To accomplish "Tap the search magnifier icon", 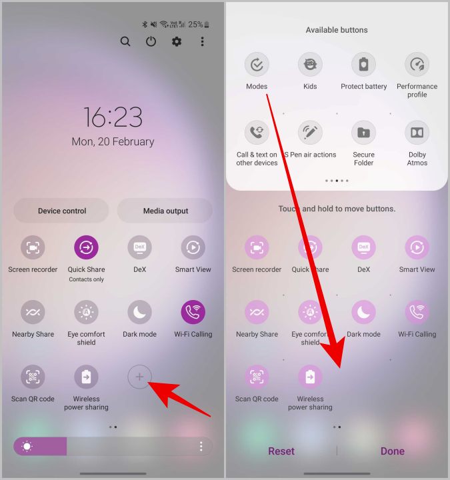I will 125,41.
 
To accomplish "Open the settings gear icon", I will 177,41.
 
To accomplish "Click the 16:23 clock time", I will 113,117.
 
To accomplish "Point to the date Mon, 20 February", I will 113,141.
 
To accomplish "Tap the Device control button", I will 61,211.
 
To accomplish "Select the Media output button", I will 165,211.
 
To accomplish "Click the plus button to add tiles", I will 139,377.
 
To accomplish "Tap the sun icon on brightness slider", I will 27,446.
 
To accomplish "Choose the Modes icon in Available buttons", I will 257,65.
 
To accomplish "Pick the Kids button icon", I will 310,65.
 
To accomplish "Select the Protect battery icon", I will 363,65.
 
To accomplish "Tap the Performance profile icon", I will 417,65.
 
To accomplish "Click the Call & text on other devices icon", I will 257,133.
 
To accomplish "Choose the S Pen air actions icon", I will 310,133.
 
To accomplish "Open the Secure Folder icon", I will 363,133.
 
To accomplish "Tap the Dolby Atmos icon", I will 417,133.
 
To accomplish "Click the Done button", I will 392,451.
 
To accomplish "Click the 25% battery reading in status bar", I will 196,25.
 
